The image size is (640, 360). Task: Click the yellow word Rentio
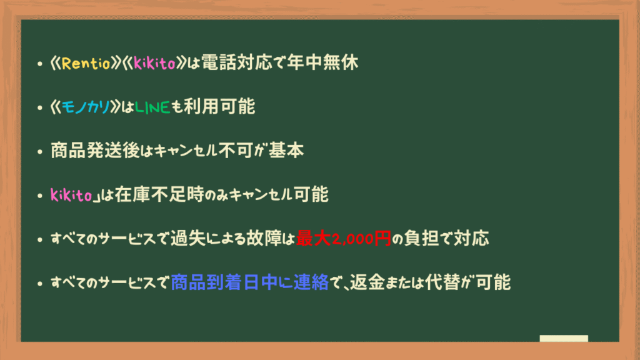click(86, 63)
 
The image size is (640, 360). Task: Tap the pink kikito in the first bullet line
click(154, 63)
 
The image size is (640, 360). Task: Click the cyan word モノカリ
click(86, 107)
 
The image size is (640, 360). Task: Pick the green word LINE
click(152, 107)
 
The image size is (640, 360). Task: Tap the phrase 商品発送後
click(95, 151)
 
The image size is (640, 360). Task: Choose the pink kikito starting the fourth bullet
click(71, 195)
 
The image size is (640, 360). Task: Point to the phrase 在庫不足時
click(159, 194)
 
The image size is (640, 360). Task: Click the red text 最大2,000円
click(343, 238)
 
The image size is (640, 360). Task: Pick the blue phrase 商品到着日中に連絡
click(250, 282)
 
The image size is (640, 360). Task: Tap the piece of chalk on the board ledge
click(564, 338)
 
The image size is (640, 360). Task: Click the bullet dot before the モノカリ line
click(39, 107)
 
